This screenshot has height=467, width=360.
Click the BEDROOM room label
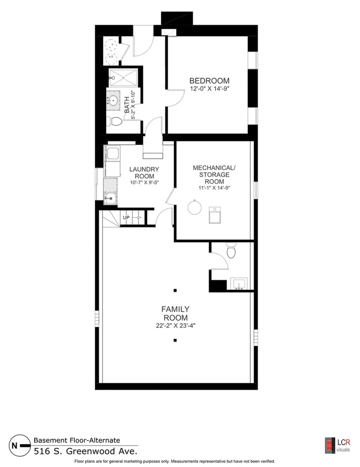point(210,81)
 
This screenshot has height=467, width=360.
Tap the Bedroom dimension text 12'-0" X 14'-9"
point(210,89)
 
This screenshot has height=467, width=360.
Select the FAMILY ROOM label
point(175,313)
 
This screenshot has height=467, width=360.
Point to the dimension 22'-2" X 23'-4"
point(175,326)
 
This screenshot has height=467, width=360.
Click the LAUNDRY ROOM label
point(144,173)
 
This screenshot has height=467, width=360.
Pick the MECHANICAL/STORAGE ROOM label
point(214,175)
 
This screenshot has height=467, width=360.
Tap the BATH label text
point(127,105)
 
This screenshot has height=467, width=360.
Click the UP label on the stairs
point(126,218)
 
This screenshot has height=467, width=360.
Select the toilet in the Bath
point(114,121)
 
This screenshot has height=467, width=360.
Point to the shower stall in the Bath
point(123,78)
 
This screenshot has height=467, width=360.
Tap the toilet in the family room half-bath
point(231,251)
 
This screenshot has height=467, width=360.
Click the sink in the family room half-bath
point(239,284)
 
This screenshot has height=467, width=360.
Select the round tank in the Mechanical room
point(195,207)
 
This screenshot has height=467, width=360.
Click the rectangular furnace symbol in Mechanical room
point(215,215)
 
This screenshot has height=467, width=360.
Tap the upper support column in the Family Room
point(175,291)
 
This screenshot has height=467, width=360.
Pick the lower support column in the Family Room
point(175,340)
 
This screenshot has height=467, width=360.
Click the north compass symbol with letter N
point(19,446)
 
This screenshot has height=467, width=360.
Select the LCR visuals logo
point(338,445)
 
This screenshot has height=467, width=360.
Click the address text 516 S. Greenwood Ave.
point(86,451)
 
